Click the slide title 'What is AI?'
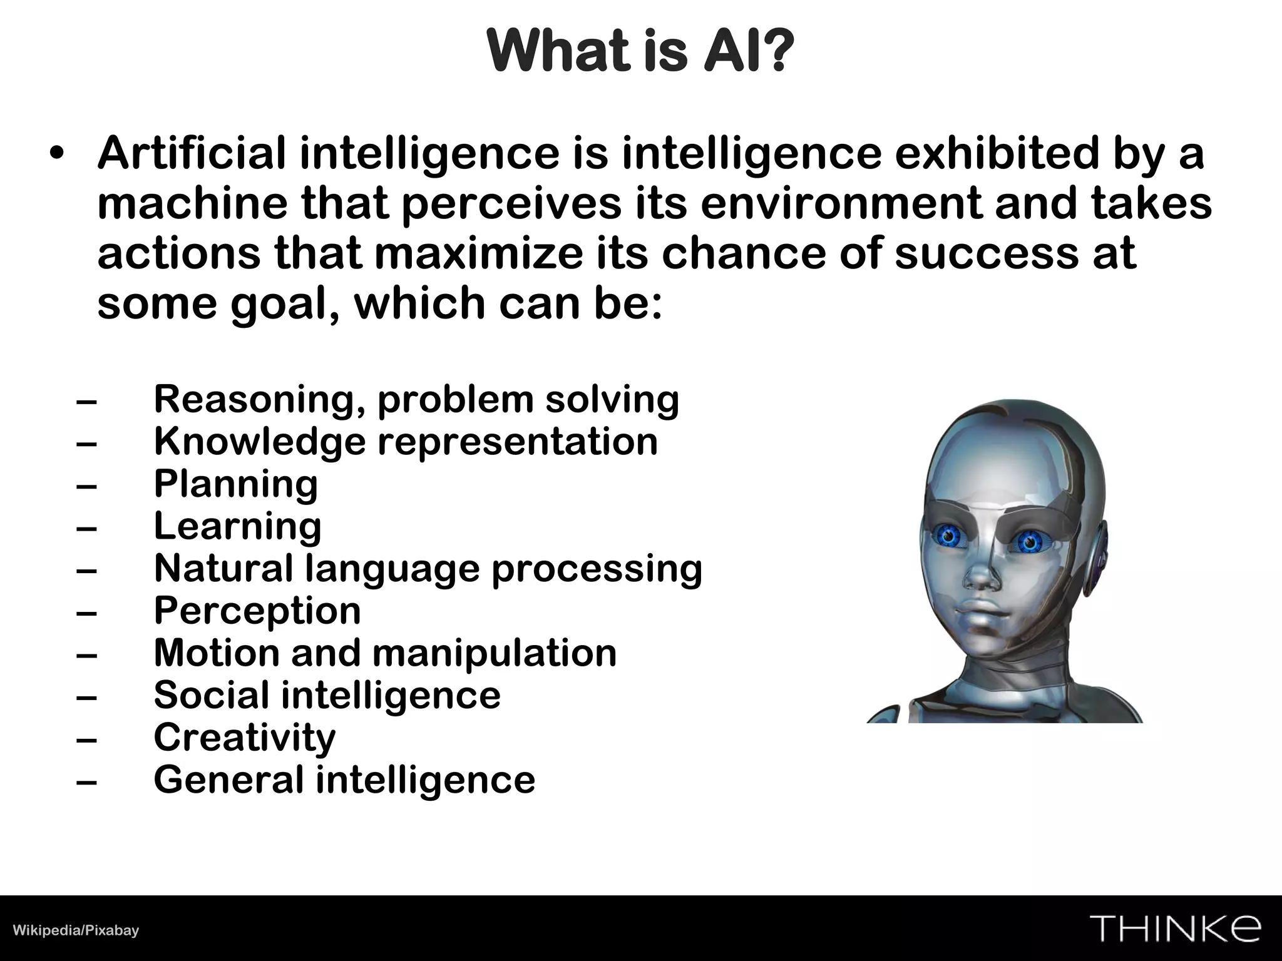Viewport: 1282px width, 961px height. point(640,51)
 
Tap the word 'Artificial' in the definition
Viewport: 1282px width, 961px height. point(191,153)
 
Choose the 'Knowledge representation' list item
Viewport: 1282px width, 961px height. point(406,442)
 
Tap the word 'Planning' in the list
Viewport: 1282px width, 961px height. point(236,484)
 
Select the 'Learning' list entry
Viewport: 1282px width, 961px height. point(238,526)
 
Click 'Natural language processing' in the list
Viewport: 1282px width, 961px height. point(428,569)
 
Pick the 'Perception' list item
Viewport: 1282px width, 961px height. point(257,611)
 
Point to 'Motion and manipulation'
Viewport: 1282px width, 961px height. point(385,653)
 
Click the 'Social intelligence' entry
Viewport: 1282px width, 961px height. point(327,695)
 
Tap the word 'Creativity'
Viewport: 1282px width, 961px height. point(245,738)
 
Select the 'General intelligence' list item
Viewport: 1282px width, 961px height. point(344,780)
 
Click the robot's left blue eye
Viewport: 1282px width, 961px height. point(948,535)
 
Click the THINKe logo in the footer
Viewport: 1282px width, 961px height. point(1175,928)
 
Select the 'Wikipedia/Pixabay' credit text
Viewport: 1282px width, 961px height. point(76,930)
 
